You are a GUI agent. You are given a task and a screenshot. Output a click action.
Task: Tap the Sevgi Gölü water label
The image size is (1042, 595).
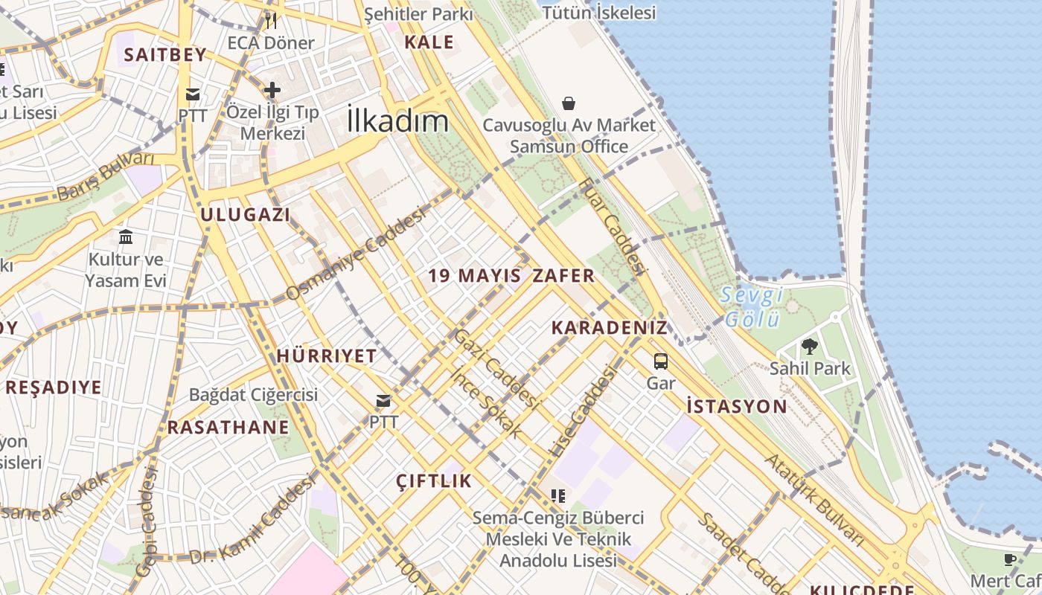(752, 307)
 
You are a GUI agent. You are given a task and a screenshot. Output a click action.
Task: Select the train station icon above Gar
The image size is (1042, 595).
(660, 361)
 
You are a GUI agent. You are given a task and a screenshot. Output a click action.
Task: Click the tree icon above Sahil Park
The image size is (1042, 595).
(809, 346)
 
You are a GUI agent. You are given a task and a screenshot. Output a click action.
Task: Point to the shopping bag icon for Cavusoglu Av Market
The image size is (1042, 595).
(569, 103)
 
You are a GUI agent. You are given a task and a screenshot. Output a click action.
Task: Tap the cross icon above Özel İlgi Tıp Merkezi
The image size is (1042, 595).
(272, 90)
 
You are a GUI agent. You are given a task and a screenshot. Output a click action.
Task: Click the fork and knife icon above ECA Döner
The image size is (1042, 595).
(271, 20)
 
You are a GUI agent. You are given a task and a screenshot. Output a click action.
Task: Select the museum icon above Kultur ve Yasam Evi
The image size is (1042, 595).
(126, 237)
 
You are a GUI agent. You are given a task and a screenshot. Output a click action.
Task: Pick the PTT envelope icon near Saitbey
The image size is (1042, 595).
(193, 94)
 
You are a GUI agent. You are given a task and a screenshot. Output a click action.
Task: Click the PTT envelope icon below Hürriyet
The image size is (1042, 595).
(383, 401)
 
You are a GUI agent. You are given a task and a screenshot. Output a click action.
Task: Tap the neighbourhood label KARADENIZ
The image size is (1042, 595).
(609, 328)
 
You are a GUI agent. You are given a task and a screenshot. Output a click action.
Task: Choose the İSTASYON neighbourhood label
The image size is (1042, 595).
(736, 406)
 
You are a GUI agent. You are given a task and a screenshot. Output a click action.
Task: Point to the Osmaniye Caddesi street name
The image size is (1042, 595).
(356, 254)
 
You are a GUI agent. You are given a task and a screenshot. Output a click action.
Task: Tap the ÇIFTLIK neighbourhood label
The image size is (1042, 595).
(434, 480)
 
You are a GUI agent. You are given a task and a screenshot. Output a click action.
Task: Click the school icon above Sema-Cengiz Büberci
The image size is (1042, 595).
(558, 495)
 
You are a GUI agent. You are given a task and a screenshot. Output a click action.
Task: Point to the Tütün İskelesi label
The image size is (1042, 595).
(599, 13)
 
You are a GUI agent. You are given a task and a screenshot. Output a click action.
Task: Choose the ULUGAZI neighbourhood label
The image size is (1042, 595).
(245, 215)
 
